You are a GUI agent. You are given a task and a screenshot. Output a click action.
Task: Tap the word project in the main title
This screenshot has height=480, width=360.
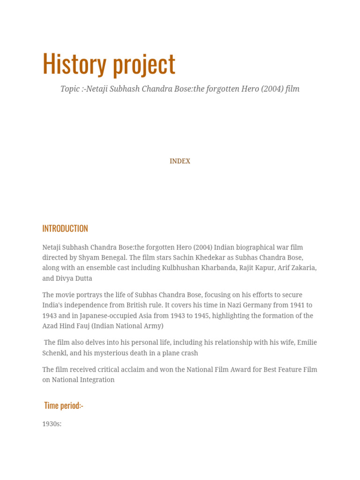[x=143, y=65]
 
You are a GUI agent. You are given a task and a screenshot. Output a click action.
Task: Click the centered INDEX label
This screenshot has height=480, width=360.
[x=180, y=161]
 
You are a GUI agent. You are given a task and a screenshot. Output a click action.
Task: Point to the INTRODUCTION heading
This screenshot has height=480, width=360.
[x=65, y=228]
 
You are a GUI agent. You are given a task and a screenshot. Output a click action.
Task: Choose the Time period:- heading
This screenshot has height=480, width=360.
[x=64, y=405]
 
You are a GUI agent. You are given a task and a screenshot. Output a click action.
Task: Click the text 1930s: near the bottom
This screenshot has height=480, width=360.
[x=52, y=424]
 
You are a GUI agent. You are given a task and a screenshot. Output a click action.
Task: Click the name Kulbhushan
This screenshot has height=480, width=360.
[x=183, y=268]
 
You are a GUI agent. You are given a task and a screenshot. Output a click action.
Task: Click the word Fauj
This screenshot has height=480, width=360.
[x=82, y=326]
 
